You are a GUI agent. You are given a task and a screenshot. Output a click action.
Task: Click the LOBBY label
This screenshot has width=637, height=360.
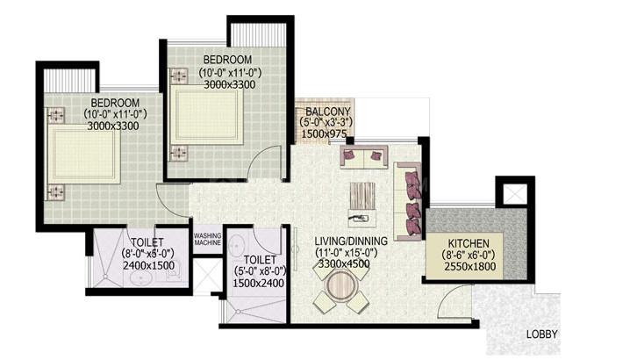pos(542,335)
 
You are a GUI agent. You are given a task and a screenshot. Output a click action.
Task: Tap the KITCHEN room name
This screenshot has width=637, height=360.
pos(469,244)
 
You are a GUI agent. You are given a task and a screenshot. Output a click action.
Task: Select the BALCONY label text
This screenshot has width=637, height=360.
pos(328,112)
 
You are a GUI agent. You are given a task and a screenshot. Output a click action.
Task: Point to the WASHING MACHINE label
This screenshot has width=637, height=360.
pos(208,240)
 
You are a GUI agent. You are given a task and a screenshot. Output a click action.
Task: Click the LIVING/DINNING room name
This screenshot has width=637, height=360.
pos(351,241)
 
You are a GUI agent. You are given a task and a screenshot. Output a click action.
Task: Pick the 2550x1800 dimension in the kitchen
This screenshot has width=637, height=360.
pos(470,267)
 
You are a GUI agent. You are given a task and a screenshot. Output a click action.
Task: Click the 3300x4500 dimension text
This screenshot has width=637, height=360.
pos(344,264)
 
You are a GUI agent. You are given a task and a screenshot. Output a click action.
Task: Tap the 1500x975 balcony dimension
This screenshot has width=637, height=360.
pos(324,134)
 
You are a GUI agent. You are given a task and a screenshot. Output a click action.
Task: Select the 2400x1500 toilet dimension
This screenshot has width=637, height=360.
pos(148,266)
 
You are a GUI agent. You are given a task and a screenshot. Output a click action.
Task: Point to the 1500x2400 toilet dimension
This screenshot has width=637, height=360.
pos(258,284)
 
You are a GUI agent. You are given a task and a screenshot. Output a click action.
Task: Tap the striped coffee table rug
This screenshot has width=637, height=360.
pos(362,196)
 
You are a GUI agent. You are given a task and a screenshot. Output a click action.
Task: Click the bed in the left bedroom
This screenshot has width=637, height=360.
pos(84,154)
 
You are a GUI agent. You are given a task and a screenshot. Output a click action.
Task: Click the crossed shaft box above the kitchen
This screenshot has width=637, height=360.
pos(515,193)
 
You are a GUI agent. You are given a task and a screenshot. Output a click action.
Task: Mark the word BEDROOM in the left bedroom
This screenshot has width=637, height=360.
pos(115,104)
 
